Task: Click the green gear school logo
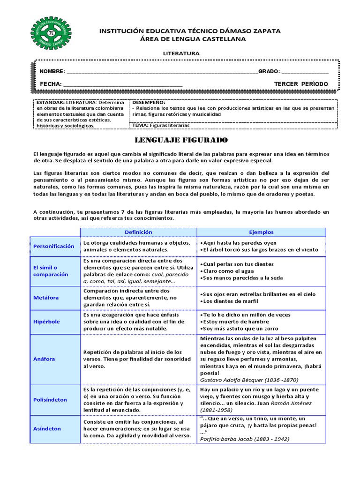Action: tap(51, 33)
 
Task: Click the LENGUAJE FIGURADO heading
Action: tap(181, 140)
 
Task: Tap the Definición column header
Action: tap(138, 232)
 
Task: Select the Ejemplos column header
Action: tap(261, 232)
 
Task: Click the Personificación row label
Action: tap(54, 246)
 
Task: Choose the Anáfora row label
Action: tap(44, 359)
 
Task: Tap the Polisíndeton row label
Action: tap(50, 400)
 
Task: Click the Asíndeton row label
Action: tap(47, 428)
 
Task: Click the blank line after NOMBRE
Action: tap(162, 72)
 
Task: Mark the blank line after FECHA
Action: tap(123, 85)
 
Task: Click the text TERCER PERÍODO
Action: tap(301, 84)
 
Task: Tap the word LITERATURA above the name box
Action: tap(181, 53)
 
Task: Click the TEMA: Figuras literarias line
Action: tap(161, 125)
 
